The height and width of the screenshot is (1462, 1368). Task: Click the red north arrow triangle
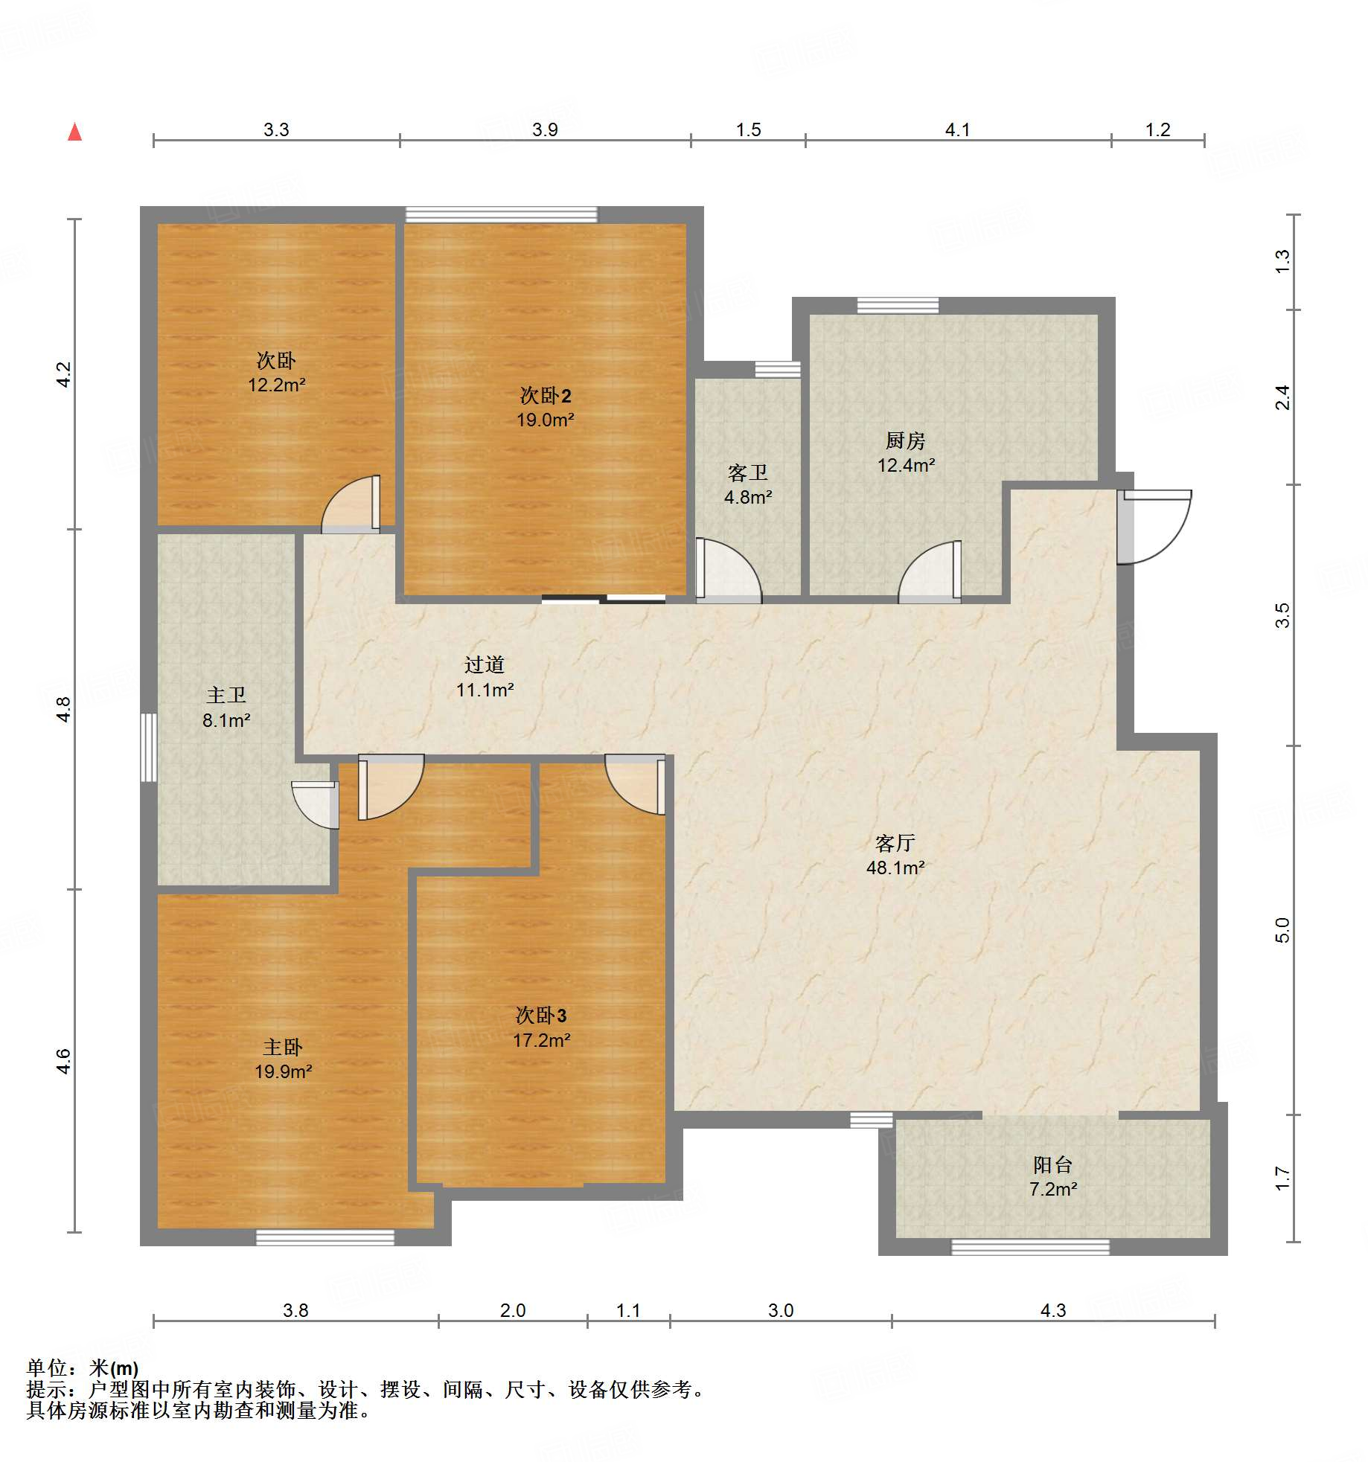tap(74, 132)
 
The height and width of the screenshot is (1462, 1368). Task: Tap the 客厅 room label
tap(895, 843)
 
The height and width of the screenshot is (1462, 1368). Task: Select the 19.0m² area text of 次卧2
tap(546, 420)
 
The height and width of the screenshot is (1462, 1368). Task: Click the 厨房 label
tap(905, 440)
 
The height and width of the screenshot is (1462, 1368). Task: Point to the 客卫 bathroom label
tap(747, 472)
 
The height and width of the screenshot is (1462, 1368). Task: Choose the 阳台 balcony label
tap(1052, 1164)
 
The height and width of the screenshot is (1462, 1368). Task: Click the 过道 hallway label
tap(485, 664)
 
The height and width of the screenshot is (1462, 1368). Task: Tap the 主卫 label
tap(226, 695)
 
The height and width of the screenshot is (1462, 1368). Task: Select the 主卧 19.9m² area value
tap(284, 1071)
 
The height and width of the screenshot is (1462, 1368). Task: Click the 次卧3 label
tap(541, 1016)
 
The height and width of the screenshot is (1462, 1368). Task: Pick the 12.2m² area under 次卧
tap(277, 385)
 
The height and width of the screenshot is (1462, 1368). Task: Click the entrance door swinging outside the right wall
tap(1153, 526)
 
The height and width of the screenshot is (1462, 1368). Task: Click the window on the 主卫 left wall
tap(149, 748)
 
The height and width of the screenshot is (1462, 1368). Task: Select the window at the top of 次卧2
tap(501, 214)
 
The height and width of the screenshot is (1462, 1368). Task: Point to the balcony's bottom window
tap(1031, 1247)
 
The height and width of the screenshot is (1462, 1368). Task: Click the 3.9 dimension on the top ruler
tap(545, 129)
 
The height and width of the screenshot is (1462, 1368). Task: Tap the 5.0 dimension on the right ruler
tap(1282, 930)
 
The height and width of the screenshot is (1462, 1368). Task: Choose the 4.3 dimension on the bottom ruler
tap(1053, 1310)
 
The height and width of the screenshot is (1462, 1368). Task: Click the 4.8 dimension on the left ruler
tap(64, 709)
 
